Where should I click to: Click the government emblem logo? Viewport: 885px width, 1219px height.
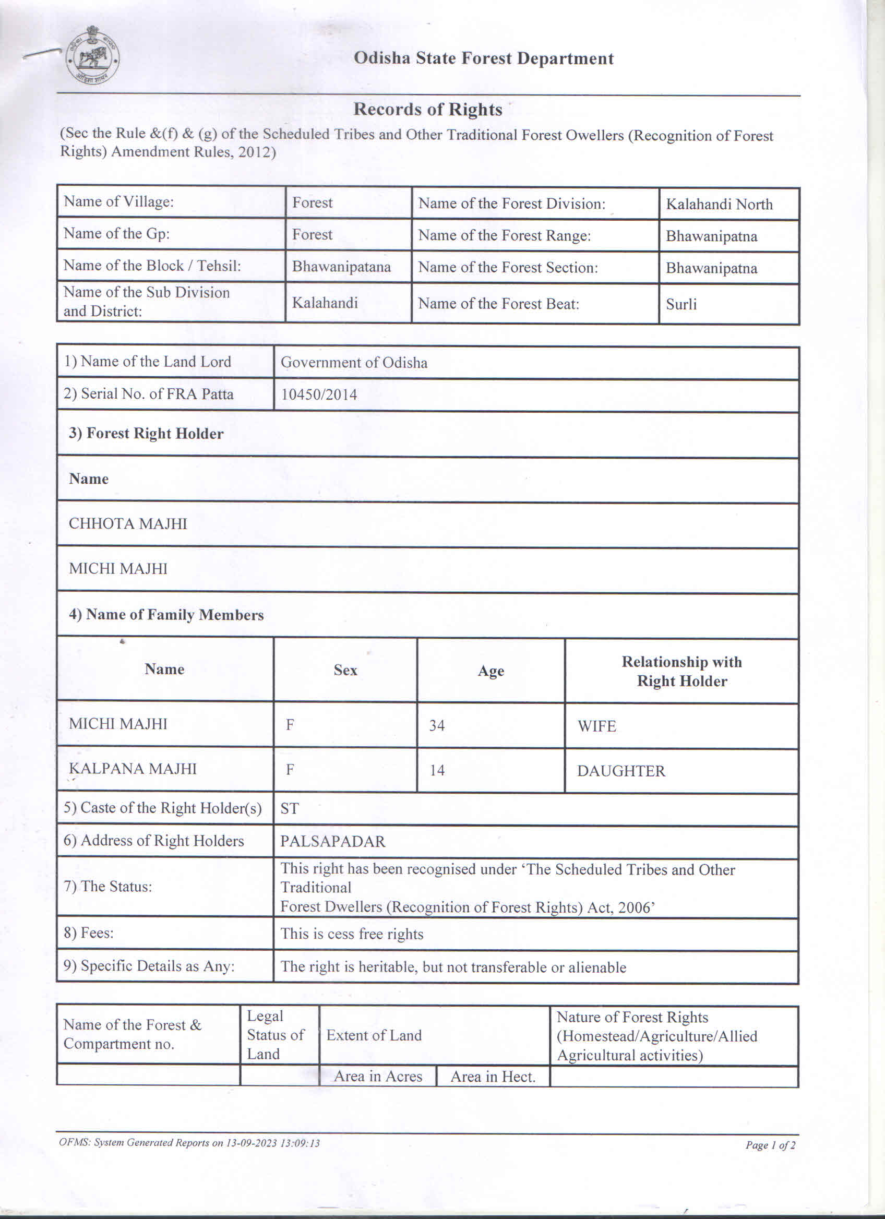coord(92,56)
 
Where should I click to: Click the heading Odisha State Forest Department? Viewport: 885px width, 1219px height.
coord(483,58)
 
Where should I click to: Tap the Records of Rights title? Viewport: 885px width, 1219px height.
coord(428,109)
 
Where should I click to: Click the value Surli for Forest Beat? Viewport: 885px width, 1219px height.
coord(681,304)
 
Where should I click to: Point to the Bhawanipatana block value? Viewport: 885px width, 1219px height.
coord(341,267)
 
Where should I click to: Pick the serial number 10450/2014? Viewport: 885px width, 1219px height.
coord(319,395)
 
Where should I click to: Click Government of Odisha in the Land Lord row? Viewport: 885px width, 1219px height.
coord(354,362)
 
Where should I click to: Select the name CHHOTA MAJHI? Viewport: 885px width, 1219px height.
coord(128,523)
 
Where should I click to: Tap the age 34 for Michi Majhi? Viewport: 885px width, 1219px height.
coord(436,725)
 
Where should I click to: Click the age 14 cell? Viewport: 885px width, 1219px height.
coord(437,770)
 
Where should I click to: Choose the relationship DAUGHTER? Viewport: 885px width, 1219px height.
coord(620,771)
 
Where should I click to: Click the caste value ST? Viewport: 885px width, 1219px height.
coord(289,808)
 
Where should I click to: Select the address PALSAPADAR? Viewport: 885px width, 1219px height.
coord(332,841)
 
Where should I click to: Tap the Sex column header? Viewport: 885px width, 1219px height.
coord(345,670)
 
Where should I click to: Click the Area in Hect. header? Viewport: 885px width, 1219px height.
coord(493,1077)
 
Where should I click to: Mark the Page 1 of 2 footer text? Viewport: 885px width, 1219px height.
coord(770,1145)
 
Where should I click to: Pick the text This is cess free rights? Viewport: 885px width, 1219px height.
coord(351,934)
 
